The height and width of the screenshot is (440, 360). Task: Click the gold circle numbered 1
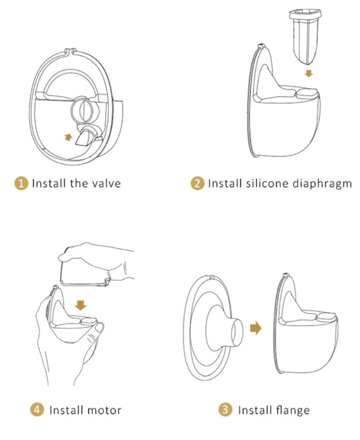[x=21, y=183]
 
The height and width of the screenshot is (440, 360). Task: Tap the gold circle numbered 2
[x=197, y=183]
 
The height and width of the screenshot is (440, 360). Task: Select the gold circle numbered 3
[x=226, y=410]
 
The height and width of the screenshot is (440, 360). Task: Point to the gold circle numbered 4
[x=37, y=410]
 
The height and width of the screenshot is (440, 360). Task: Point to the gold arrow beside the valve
[x=68, y=137]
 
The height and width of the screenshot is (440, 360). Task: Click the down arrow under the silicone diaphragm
[x=309, y=73]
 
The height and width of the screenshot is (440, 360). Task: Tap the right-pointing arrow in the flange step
[x=256, y=328]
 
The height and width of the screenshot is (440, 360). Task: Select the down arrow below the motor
[x=81, y=305]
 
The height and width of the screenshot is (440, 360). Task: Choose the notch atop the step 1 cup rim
[x=70, y=51]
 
